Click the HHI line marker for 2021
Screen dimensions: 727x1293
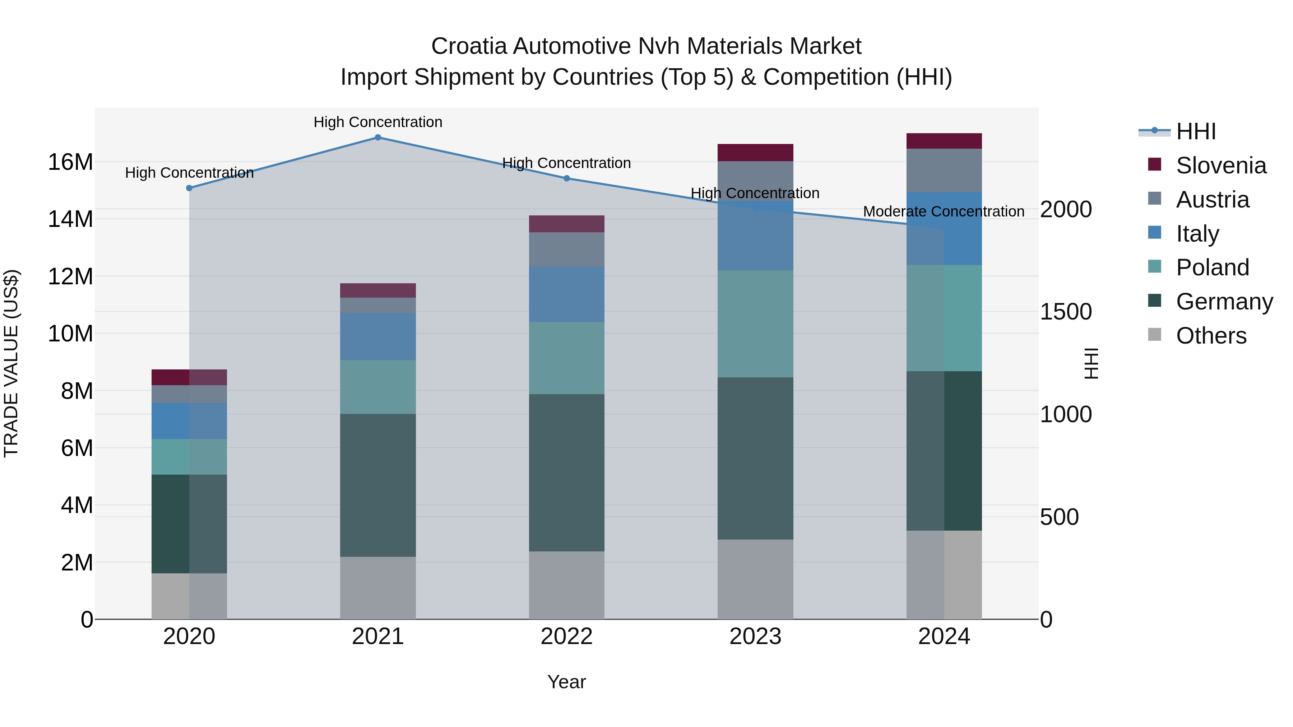[x=378, y=138]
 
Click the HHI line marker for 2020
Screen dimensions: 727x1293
[x=189, y=188]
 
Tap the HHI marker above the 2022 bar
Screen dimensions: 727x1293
[x=567, y=178]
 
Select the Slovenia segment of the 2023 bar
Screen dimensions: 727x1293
[x=755, y=153]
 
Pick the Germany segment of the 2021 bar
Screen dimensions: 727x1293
[x=378, y=485]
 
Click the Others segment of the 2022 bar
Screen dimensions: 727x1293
[x=567, y=585]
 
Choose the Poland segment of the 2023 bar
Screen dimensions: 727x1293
[x=755, y=323]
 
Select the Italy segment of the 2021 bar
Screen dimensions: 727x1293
[x=378, y=336]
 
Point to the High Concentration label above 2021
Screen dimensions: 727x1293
[x=378, y=122]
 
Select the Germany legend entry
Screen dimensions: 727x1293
[x=1224, y=302]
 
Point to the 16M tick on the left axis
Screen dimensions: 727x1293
[x=70, y=162]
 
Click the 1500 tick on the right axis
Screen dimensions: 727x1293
[x=1065, y=312]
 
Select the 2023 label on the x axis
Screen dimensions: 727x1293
[x=755, y=637]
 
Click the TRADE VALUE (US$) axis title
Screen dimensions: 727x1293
[x=11, y=363]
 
